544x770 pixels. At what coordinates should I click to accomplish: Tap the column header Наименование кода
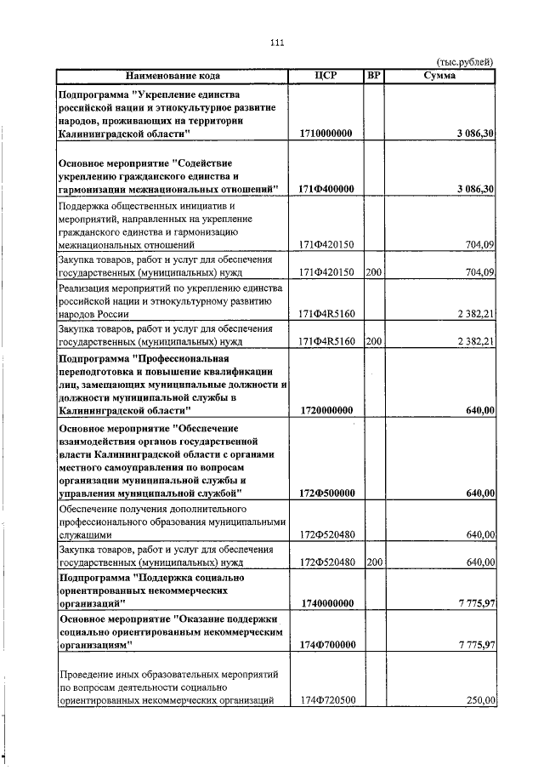173,77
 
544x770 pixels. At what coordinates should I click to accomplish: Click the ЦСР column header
326,77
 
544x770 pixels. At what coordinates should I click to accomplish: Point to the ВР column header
373,77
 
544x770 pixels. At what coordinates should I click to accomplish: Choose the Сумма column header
439,77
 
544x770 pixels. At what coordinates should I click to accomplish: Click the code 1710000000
327,134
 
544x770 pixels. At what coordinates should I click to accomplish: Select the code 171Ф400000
327,188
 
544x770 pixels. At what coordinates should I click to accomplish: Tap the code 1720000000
327,410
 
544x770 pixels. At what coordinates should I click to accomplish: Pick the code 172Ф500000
327,493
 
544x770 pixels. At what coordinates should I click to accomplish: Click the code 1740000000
327,603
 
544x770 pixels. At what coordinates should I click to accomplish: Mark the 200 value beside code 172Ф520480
373,562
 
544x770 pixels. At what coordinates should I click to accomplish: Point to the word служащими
84,535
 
